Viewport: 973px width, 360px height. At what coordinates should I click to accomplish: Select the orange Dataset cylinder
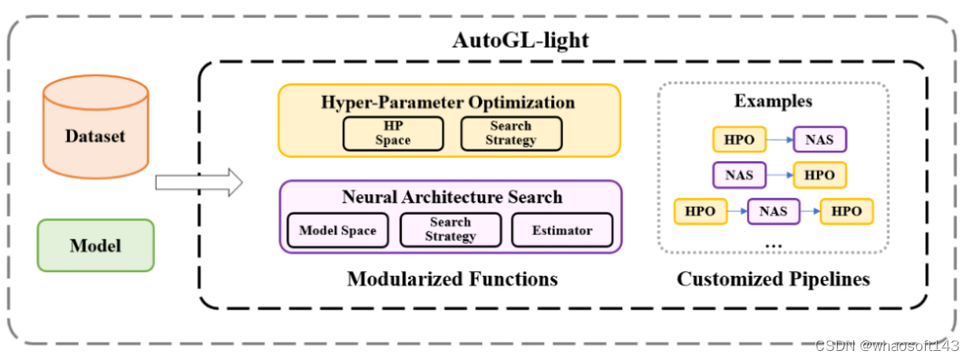95,136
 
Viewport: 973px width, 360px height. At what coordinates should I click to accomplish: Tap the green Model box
95,245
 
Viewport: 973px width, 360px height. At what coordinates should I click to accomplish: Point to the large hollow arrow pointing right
199,182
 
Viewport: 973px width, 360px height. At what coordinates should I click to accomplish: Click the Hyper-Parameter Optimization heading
448,102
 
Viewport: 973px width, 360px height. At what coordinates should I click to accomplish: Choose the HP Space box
393,133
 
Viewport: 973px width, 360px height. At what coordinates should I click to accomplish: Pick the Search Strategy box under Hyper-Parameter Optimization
511,133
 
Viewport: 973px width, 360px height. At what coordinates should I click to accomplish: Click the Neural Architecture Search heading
452,197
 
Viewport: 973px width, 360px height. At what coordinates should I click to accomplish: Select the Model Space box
337,230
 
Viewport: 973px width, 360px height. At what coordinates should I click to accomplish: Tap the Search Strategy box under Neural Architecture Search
451,229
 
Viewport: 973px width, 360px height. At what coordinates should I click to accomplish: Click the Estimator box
562,230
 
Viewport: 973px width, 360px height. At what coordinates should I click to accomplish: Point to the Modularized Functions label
452,278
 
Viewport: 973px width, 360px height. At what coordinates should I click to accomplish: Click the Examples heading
773,101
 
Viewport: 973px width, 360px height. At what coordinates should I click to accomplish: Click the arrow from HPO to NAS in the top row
780,140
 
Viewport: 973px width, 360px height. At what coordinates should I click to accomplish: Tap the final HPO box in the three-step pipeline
846,211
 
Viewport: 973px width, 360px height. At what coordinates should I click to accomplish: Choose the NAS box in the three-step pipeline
774,211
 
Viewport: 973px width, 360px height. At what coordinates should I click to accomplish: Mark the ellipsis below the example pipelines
773,245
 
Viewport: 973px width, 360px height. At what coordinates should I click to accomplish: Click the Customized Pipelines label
773,278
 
